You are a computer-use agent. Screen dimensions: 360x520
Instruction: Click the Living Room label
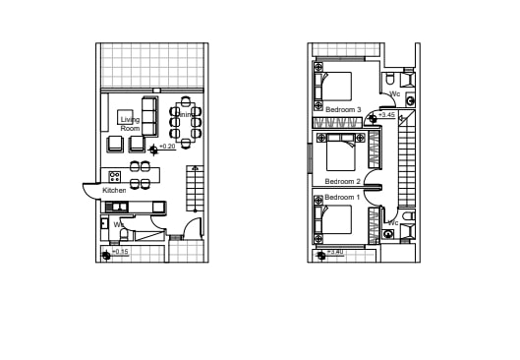(x=130, y=124)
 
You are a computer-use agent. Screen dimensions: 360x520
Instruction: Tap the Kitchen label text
(x=114, y=190)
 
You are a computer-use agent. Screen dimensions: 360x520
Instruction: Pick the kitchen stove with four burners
(x=114, y=177)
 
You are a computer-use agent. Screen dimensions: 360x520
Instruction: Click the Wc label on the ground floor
(x=118, y=224)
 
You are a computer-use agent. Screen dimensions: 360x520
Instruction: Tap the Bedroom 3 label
(x=343, y=108)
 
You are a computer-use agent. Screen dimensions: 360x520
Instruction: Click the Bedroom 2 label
(x=343, y=182)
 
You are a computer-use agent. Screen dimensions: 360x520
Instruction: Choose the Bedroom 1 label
(x=343, y=198)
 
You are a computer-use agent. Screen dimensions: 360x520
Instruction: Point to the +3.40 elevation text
(x=334, y=253)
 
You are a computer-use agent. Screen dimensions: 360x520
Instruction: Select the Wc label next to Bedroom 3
(x=394, y=94)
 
